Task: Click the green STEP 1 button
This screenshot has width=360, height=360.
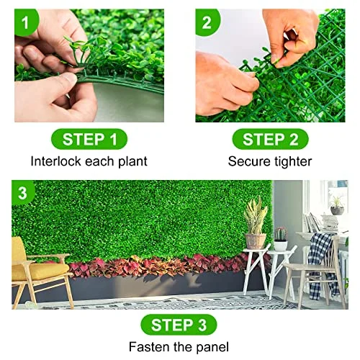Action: click(90, 139)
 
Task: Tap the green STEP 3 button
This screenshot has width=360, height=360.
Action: click(179, 325)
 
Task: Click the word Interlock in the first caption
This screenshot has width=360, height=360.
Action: click(56, 161)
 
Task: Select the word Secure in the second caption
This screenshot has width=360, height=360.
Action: click(248, 161)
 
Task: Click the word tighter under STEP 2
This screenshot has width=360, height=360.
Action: click(291, 161)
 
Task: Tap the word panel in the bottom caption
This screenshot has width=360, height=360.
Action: click(210, 348)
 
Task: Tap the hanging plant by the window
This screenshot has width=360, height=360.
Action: click(336, 204)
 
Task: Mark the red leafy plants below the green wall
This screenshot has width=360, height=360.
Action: click(158, 266)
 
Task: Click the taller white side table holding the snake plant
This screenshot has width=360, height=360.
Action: click(256, 270)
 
